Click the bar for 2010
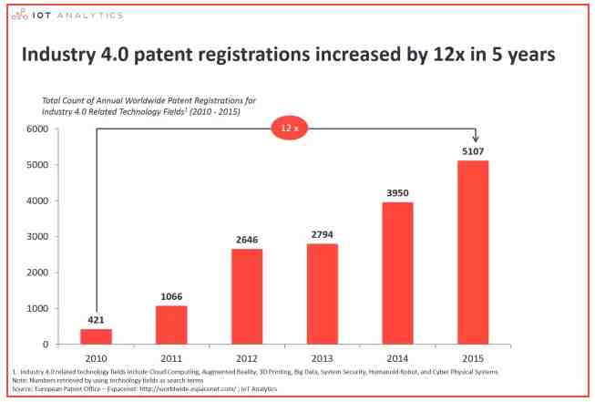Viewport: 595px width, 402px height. point(95,336)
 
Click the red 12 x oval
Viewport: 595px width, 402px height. point(291,129)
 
